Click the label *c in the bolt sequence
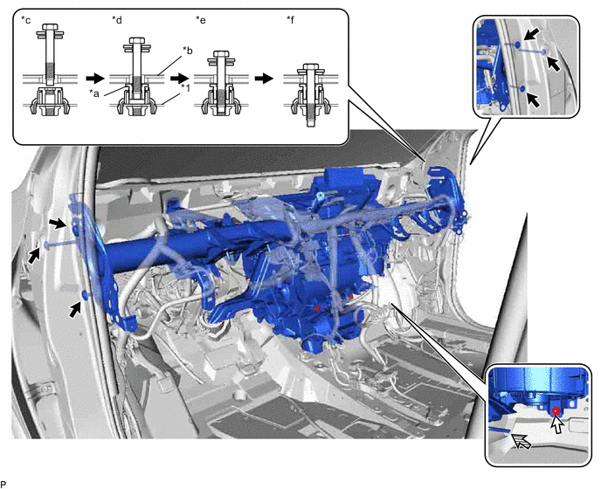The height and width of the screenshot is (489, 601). (25, 20)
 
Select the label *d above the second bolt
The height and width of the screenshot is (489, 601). (117, 20)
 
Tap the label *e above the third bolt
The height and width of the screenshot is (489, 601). (200, 20)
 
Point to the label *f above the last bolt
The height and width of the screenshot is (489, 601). (291, 20)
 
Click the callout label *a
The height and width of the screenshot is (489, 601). (94, 93)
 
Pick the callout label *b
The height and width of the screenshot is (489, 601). (188, 50)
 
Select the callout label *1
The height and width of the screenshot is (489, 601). (186, 88)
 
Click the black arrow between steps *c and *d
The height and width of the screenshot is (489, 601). (94, 79)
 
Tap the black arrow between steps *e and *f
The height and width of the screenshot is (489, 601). (264, 79)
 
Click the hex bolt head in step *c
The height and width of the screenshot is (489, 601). (50, 27)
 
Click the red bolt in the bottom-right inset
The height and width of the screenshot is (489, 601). (556, 410)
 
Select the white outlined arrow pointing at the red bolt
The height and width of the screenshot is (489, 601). (557, 424)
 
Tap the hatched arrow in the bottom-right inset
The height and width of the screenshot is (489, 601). (522, 442)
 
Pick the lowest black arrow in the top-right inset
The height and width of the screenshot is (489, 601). (535, 100)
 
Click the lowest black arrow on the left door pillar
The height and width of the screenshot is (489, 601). (76, 309)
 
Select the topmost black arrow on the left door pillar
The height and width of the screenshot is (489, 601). (59, 224)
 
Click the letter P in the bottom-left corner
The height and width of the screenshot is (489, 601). (3, 484)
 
